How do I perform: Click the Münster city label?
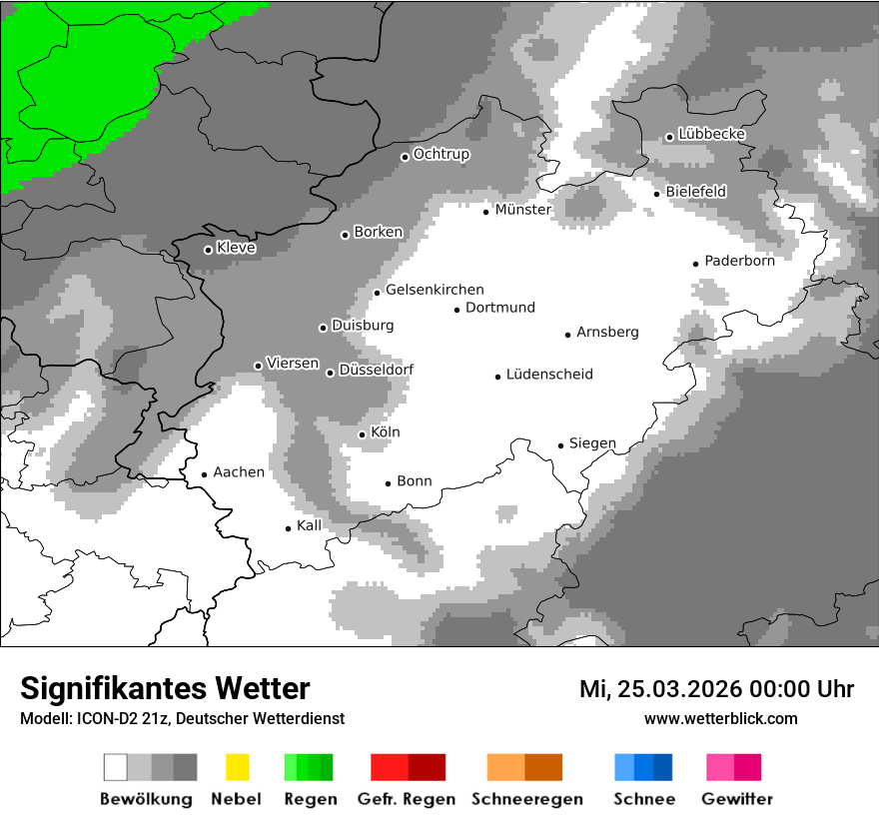[x=522, y=210]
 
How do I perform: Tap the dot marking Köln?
[x=363, y=434]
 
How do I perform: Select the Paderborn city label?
[x=739, y=261]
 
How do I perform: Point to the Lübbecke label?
[x=711, y=134]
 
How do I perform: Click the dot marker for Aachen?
[x=204, y=475]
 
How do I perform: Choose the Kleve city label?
[x=236, y=248]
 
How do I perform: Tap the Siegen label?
[x=592, y=443]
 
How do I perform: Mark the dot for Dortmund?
[x=456, y=310]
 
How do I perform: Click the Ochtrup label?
[x=440, y=154]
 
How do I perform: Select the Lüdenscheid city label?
[x=549, y=375]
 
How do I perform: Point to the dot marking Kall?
[x=289, y=528]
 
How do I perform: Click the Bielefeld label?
[x=695, y=191]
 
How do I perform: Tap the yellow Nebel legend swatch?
[x=238, y=767]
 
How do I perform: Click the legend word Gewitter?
[x=737, y=799]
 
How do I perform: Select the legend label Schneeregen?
[x=526, y=799]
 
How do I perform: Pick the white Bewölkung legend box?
[x=116, y=767]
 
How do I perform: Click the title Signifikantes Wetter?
[x=165, y=688]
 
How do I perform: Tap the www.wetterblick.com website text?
[x=720, y=718]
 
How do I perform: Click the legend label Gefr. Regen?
[x=407, y=799]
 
